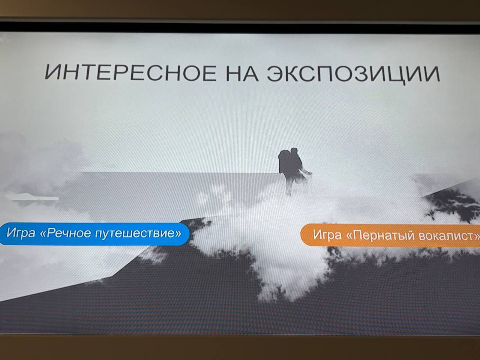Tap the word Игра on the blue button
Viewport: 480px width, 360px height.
click(x=21, y=232)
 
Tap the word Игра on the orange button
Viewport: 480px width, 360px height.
click(x=327, y=234)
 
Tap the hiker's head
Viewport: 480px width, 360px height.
click(x=294, y=152)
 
